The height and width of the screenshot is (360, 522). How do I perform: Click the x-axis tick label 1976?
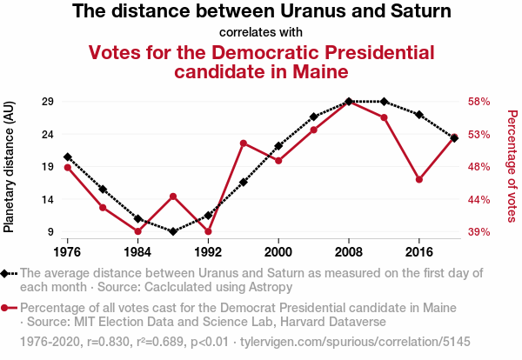pyautogui.click(x=67, y=251)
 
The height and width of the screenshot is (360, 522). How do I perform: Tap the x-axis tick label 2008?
pyautogui.click(x=349, y=251)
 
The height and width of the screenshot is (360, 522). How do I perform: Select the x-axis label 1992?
pyautogui.click(x=208, y=251)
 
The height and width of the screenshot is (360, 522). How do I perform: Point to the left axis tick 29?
pyautogui.click(x=48, y=101)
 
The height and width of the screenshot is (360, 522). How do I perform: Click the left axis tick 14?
pyautogui.click(x=48, y=199)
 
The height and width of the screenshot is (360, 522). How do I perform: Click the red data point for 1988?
pyautogui.click(x=173, y=197)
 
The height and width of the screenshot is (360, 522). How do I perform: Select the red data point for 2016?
pyautogui.click(x=419, y=179)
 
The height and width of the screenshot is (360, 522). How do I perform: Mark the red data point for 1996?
pyautogui.click(x=244, y=143)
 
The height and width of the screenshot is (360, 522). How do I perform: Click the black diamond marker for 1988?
pyautogui.click(x=173, y=231)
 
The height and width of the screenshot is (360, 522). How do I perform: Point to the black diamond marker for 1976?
pyautogui.click(x=68, y=157)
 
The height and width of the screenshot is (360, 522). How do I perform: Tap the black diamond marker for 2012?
pyautogui.click(x=385, y=102)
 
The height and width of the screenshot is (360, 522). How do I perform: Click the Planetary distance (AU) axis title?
pyautogui.click(x=10, y=174)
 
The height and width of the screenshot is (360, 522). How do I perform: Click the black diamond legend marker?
pyautogui.click(x=7, y=273)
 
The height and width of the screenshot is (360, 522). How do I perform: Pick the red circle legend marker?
pyautogui.click(x=7, y=308)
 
